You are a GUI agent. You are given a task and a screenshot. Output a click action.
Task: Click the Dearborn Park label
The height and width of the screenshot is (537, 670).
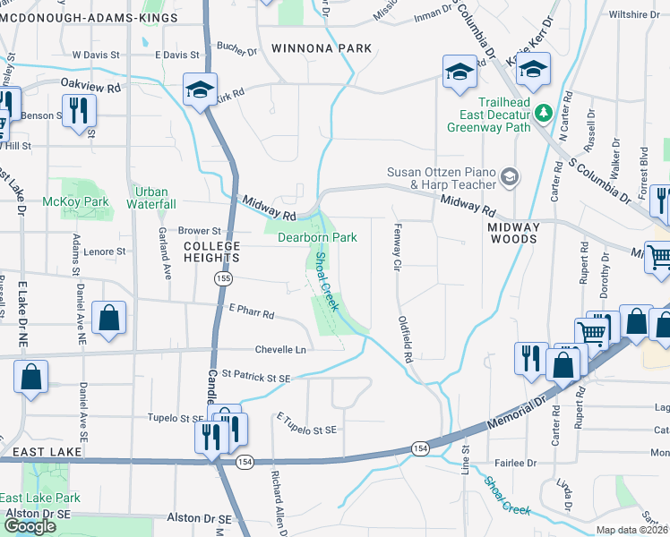coord(317,237)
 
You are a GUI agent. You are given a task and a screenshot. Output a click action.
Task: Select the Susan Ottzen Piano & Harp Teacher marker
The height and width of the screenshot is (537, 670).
coord(510,176)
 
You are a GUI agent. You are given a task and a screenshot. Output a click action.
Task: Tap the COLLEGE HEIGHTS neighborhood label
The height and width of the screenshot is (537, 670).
coord(212,251)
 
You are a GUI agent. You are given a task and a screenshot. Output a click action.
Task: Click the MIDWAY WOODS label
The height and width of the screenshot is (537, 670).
coord(514,234)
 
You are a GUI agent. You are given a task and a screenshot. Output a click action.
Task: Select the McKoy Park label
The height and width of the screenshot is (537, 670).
coord(75,201)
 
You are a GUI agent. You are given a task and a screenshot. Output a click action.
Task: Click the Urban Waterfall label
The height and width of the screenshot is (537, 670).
coord(151,198)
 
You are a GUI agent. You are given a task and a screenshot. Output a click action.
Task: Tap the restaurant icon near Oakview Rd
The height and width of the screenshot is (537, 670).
coord(78,111)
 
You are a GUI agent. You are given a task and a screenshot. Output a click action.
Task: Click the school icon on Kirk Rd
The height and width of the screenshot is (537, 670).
coord(200,90)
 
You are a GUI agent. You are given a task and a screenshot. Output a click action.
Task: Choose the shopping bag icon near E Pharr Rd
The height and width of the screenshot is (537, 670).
coord(108,320)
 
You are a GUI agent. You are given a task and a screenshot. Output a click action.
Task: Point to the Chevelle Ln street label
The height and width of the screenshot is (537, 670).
coord(281,349)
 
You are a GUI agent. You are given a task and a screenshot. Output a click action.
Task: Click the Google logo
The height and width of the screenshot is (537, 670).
coord(30,526)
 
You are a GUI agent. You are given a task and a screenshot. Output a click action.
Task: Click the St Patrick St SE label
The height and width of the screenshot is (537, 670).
coord(256,378)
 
